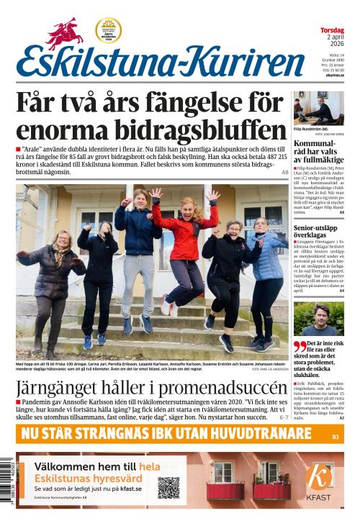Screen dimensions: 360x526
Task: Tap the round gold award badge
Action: click(108, 30)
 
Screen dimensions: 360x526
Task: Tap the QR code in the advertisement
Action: click(168, 486)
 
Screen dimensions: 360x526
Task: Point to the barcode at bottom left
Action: click(6, 489)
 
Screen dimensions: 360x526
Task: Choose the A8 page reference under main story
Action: click(284, 173)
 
